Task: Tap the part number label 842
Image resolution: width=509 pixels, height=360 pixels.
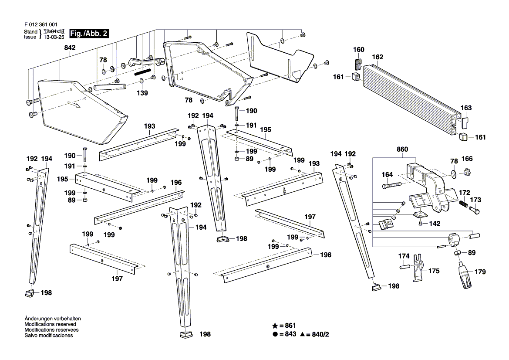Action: (70, 48)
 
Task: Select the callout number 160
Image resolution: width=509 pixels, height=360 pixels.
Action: (359, 50)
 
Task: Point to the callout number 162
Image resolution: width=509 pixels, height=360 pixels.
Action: (378, 57)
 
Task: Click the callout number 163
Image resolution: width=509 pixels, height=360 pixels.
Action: (466, 108)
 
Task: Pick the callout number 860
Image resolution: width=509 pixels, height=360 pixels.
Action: (402, 149)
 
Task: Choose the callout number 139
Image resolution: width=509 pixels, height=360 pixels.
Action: (142, 93)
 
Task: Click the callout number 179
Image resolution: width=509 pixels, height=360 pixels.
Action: (480, 272)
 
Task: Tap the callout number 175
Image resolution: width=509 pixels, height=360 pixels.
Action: (434, 271)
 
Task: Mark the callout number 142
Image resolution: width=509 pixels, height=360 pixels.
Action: (435, 224)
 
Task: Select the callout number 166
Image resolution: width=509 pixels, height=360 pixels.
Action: (467, 159)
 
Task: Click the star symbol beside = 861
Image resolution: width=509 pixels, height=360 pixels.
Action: (275, 326)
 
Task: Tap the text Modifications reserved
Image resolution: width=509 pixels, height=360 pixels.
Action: (51, 324)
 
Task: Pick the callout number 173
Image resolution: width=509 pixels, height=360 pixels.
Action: (476, 200)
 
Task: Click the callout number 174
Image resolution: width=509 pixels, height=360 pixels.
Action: (404, 255)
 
